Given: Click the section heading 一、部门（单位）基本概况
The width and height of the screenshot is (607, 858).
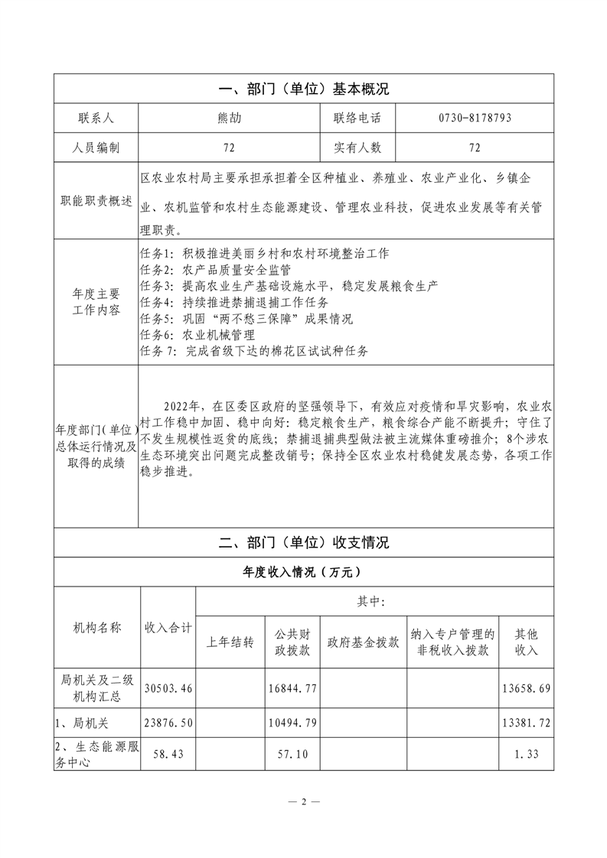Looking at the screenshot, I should (304, 89).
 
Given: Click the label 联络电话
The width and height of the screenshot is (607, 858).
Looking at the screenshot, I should (357, 119).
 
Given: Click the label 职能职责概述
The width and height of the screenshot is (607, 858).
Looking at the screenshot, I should (96, 203).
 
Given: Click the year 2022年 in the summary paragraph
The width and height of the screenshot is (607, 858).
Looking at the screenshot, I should (181, 405).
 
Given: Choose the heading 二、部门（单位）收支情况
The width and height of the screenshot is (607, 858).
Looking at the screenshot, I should (304, 542).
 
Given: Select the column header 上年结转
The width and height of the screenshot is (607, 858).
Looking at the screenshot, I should (230, 642).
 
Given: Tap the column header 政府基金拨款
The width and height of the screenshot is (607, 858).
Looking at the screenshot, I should (363, 642).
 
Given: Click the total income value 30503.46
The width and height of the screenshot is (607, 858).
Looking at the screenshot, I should (168, 689).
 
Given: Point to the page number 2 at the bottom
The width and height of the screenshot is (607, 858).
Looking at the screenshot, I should (303, 802).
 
